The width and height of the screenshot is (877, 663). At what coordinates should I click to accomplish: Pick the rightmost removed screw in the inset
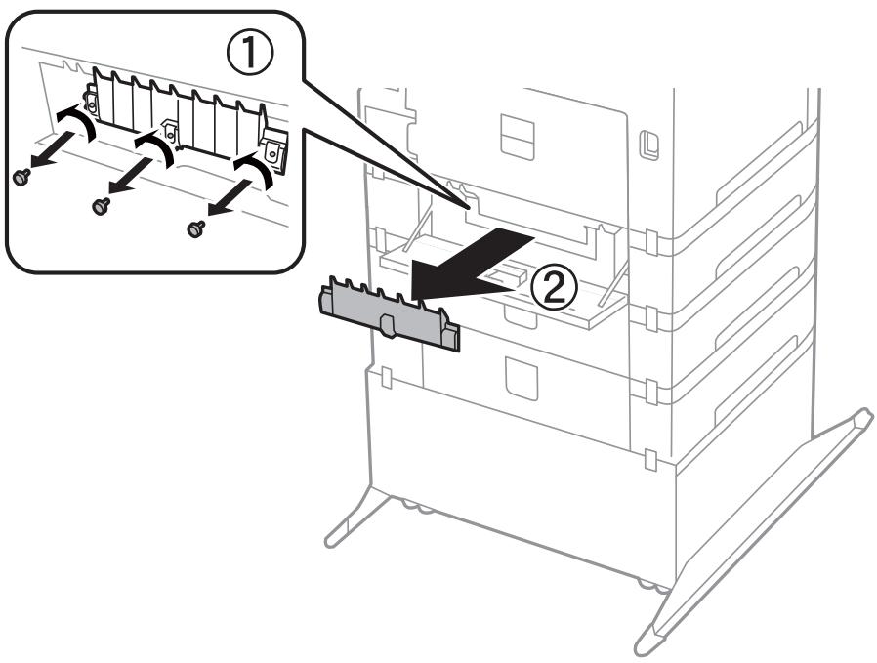click(194, 228)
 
